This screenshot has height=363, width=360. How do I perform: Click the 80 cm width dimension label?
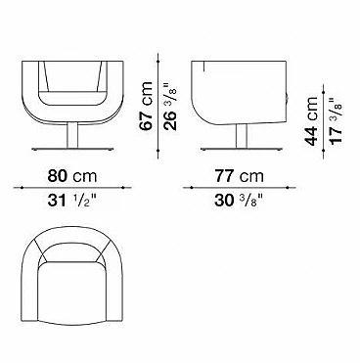pyautogui.click(x=72, y=176)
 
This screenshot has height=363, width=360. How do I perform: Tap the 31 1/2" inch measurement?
pyautogui.click(x=72, y=202)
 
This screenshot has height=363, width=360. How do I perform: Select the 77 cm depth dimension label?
pyautogui.click(x=239, y=176)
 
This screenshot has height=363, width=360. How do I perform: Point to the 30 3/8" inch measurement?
pyautogui.click(x=239, y=202)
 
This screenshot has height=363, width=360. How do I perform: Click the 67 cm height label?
pyautogui.click(x=146, y=106)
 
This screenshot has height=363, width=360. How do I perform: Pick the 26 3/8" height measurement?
pyautogui.click(x=170, y=107)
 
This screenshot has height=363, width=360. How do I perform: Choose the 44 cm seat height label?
pyautogui.click(x=311, y=121)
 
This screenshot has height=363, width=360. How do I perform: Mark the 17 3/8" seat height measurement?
pyautogui.click(x=336, y=120)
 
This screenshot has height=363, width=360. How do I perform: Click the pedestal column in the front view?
pyautogui.click(x=72, y=135)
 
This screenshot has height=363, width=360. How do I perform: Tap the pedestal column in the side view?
pyautogui.click(x=242, y=136)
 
